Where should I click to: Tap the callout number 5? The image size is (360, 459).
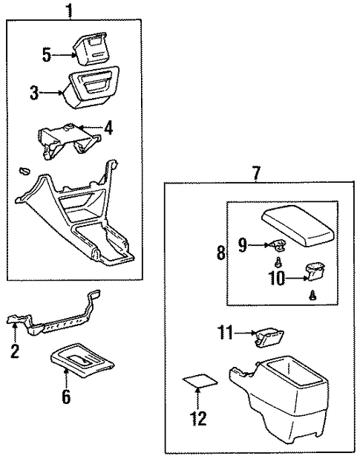point(47,55)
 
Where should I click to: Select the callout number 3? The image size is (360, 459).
point(34,93)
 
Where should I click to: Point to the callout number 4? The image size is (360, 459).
point(108,128)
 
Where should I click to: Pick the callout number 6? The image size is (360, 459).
point(66,397)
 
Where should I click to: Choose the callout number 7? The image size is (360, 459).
point(255,173)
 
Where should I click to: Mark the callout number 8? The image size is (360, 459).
point(221,253)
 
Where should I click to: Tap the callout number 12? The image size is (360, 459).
point(198,418)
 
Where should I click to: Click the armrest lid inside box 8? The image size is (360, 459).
point(298,225)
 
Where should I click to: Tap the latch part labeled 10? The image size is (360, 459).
point(315,271)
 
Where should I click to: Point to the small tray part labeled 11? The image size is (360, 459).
point(269,338)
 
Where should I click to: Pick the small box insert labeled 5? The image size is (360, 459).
point(90,48)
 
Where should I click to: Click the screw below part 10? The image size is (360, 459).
point(312,296)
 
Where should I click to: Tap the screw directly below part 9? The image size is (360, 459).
point(278,262)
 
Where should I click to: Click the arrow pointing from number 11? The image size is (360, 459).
point(244,333)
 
